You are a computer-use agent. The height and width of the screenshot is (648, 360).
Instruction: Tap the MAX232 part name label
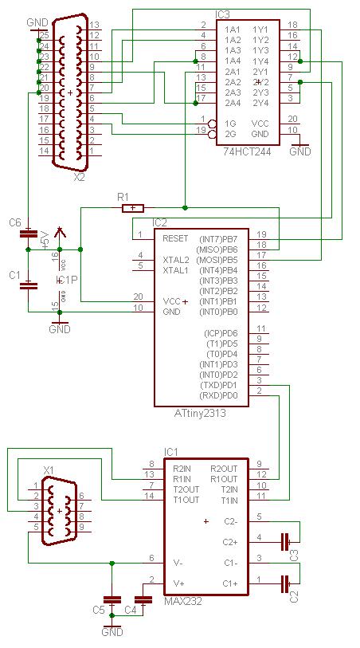183,601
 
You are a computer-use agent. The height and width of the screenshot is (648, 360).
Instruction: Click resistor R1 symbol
132,208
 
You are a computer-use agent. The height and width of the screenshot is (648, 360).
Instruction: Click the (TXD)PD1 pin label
221,385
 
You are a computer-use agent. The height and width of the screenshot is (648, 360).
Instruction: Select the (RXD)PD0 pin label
221,395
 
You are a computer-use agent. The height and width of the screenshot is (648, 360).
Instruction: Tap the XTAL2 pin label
176,260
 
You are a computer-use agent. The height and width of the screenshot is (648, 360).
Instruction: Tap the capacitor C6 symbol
29,234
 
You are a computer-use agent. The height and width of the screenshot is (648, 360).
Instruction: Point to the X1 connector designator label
48,471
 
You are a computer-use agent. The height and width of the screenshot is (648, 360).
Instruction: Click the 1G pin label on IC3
230,123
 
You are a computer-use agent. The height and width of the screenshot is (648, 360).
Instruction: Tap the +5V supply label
44,239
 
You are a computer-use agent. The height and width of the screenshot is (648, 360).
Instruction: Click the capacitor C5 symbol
112,599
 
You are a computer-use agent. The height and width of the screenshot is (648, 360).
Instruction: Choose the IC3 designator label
223,14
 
